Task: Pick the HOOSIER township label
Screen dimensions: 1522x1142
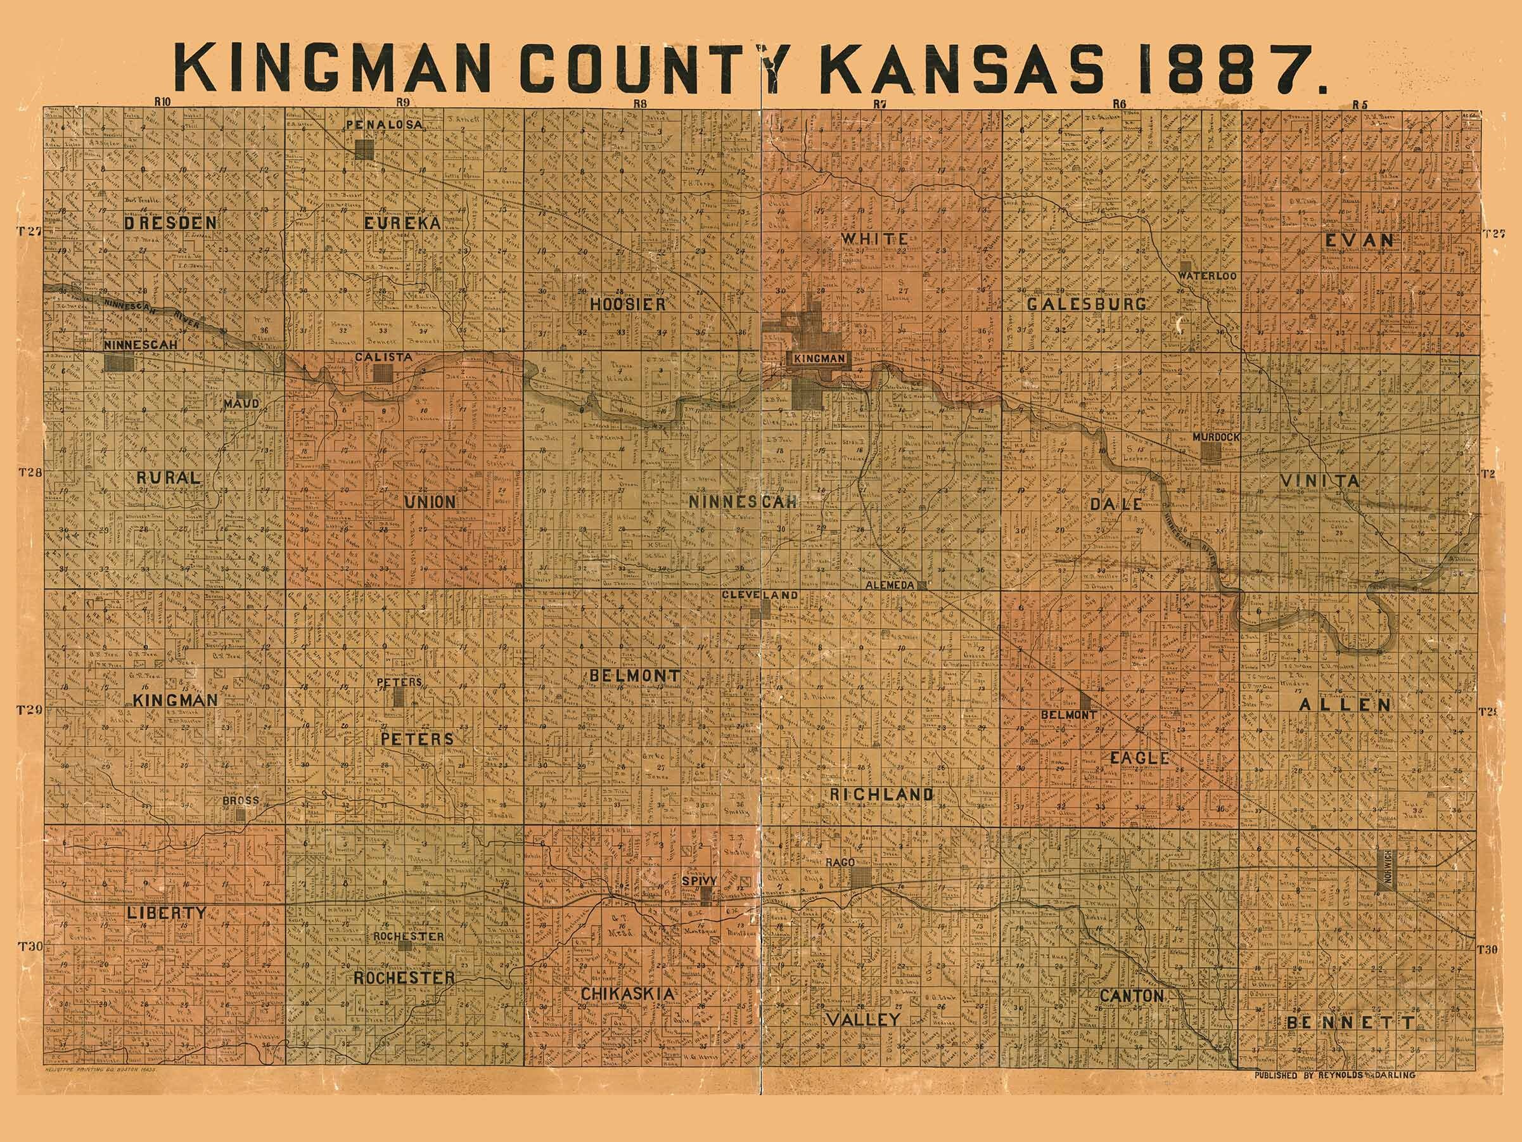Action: pos(627,304)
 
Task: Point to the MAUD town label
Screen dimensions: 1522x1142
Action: pos(241,404)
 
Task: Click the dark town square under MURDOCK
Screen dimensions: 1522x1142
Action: pos(1212,452)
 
